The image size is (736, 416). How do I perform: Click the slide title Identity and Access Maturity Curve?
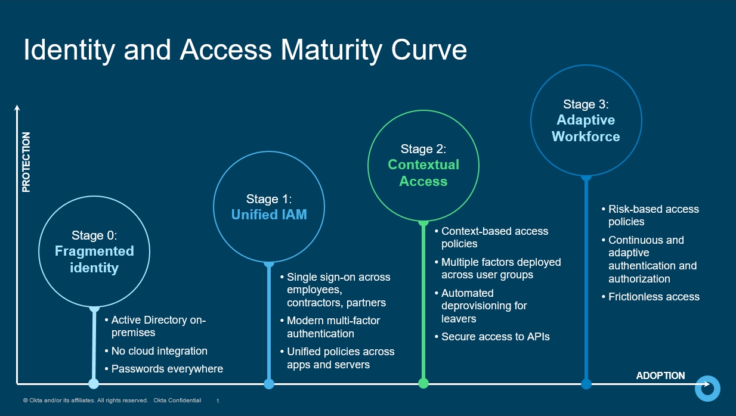click(x=245, y=50)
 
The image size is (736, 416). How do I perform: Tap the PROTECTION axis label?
click(x=26, y=162)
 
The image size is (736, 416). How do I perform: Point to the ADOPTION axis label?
click(x=660, y=375)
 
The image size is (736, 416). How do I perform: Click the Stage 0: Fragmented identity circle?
click(x=94, y=252)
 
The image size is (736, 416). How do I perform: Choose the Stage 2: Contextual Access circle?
click(x=423, y=164)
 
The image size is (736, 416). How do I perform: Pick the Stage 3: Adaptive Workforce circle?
click(x=586, y=120)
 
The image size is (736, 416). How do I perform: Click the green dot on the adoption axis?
click(x=423, y=383)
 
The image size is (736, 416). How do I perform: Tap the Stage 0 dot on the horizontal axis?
click(x=94, y=383)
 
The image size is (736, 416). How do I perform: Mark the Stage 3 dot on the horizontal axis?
click(x=586, y=383)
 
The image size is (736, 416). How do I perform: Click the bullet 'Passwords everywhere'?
click(x=167, y=369)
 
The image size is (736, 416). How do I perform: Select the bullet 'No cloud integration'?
click(x=159, y=351)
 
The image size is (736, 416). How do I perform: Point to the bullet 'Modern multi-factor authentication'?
click(x=333, y=327)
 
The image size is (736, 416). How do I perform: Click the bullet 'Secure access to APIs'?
click(x=495, y=337)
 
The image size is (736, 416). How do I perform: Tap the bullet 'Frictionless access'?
click(x=654, y=297)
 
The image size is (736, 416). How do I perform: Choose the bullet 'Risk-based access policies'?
click(x=653, y=216)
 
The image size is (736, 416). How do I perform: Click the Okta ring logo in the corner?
click(x=708, y=388)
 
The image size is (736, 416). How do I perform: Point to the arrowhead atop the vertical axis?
click(x=17, y=108)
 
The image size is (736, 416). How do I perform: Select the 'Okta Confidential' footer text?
click(x=177, y=401)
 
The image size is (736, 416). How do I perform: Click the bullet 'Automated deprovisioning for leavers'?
click(x=484, y=306)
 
